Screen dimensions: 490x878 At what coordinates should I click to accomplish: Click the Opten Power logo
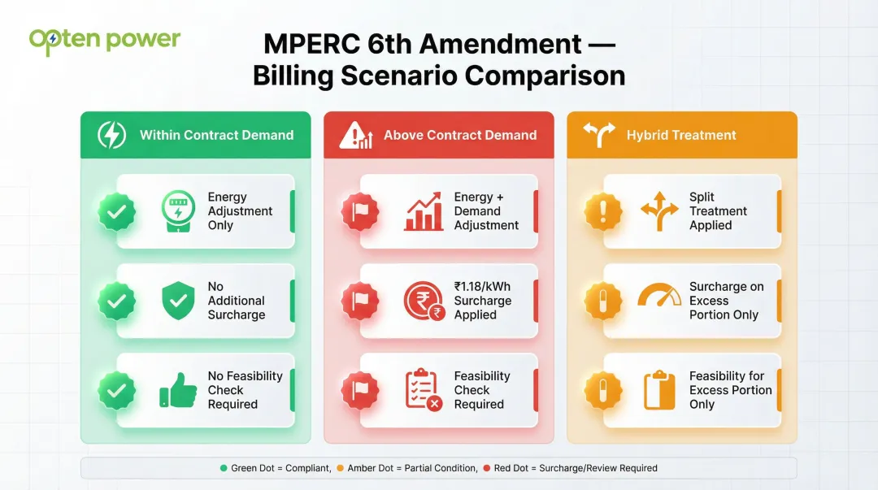[x=104, y=41]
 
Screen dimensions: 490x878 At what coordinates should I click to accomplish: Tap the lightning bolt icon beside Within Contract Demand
[x=111, y=135]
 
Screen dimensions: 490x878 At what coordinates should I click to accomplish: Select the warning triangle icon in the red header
[x=355, y=135]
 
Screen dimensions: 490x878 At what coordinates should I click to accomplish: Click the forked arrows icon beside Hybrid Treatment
[x=599, y=135]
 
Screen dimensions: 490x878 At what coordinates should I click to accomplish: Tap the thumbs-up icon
[x=177, y=390]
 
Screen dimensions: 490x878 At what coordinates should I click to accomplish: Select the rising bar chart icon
[x=424, y=211]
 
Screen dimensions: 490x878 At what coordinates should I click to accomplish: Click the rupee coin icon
[x=424, y=301]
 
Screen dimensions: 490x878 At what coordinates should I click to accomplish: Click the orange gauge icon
[x=658, y=296]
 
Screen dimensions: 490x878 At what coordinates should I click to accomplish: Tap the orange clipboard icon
[x=658, y=390]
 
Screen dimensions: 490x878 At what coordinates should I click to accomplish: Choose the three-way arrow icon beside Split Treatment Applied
[x=658, y=211]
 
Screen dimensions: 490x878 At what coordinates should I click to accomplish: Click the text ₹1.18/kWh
[x=483, y=287]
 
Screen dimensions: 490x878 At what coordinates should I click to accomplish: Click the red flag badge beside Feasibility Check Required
[x=360, y=390]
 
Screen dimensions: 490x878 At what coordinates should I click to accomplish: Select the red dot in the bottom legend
[x=487, y=468]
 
